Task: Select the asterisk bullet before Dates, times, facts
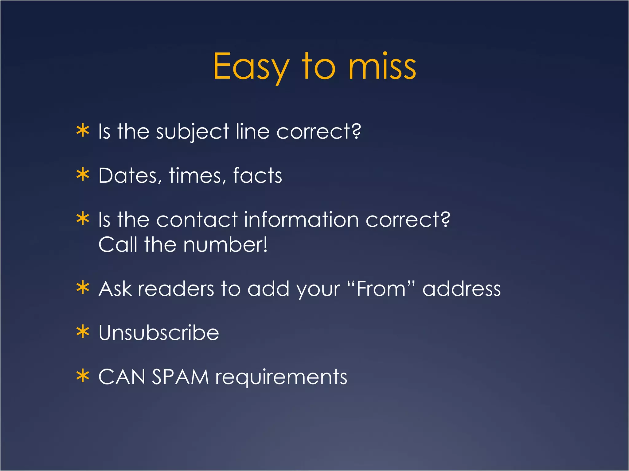[x=83, y=175]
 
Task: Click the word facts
[x=257, y=176]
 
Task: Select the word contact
[x=197, y=220]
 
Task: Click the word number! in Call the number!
[x=225, y=245]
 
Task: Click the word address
[x=461, y=289]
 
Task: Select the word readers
[x=176, y=289]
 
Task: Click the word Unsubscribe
[x=158, y=333]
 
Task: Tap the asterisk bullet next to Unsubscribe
[x=83, y=332]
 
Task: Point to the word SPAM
[x=181, y=377]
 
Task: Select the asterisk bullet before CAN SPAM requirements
[x=83, y=376]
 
